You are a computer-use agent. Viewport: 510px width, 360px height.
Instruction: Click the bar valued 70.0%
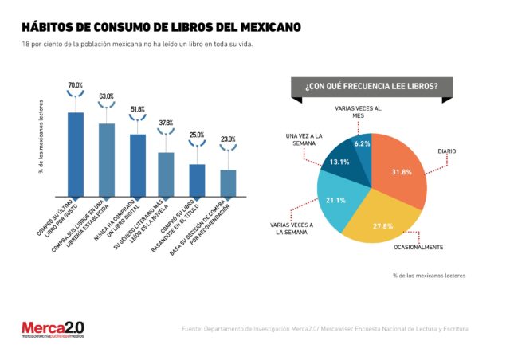[x=76, y=154]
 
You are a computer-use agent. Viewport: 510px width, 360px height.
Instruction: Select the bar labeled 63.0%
[x=107, y=159]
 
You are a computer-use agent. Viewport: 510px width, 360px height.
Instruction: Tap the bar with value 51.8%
[x=137, y=165]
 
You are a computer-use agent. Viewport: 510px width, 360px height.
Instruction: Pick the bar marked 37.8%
[x=166, y=174]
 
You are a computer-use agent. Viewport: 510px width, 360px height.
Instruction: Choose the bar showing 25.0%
[x=197, y=180]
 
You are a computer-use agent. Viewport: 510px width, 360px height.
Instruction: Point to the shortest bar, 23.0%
[x=228, y=182]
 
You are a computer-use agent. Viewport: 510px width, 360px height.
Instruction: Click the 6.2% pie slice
[x=363, y=147]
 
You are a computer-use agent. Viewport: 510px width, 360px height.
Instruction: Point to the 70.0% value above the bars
[x=76, y=84]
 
